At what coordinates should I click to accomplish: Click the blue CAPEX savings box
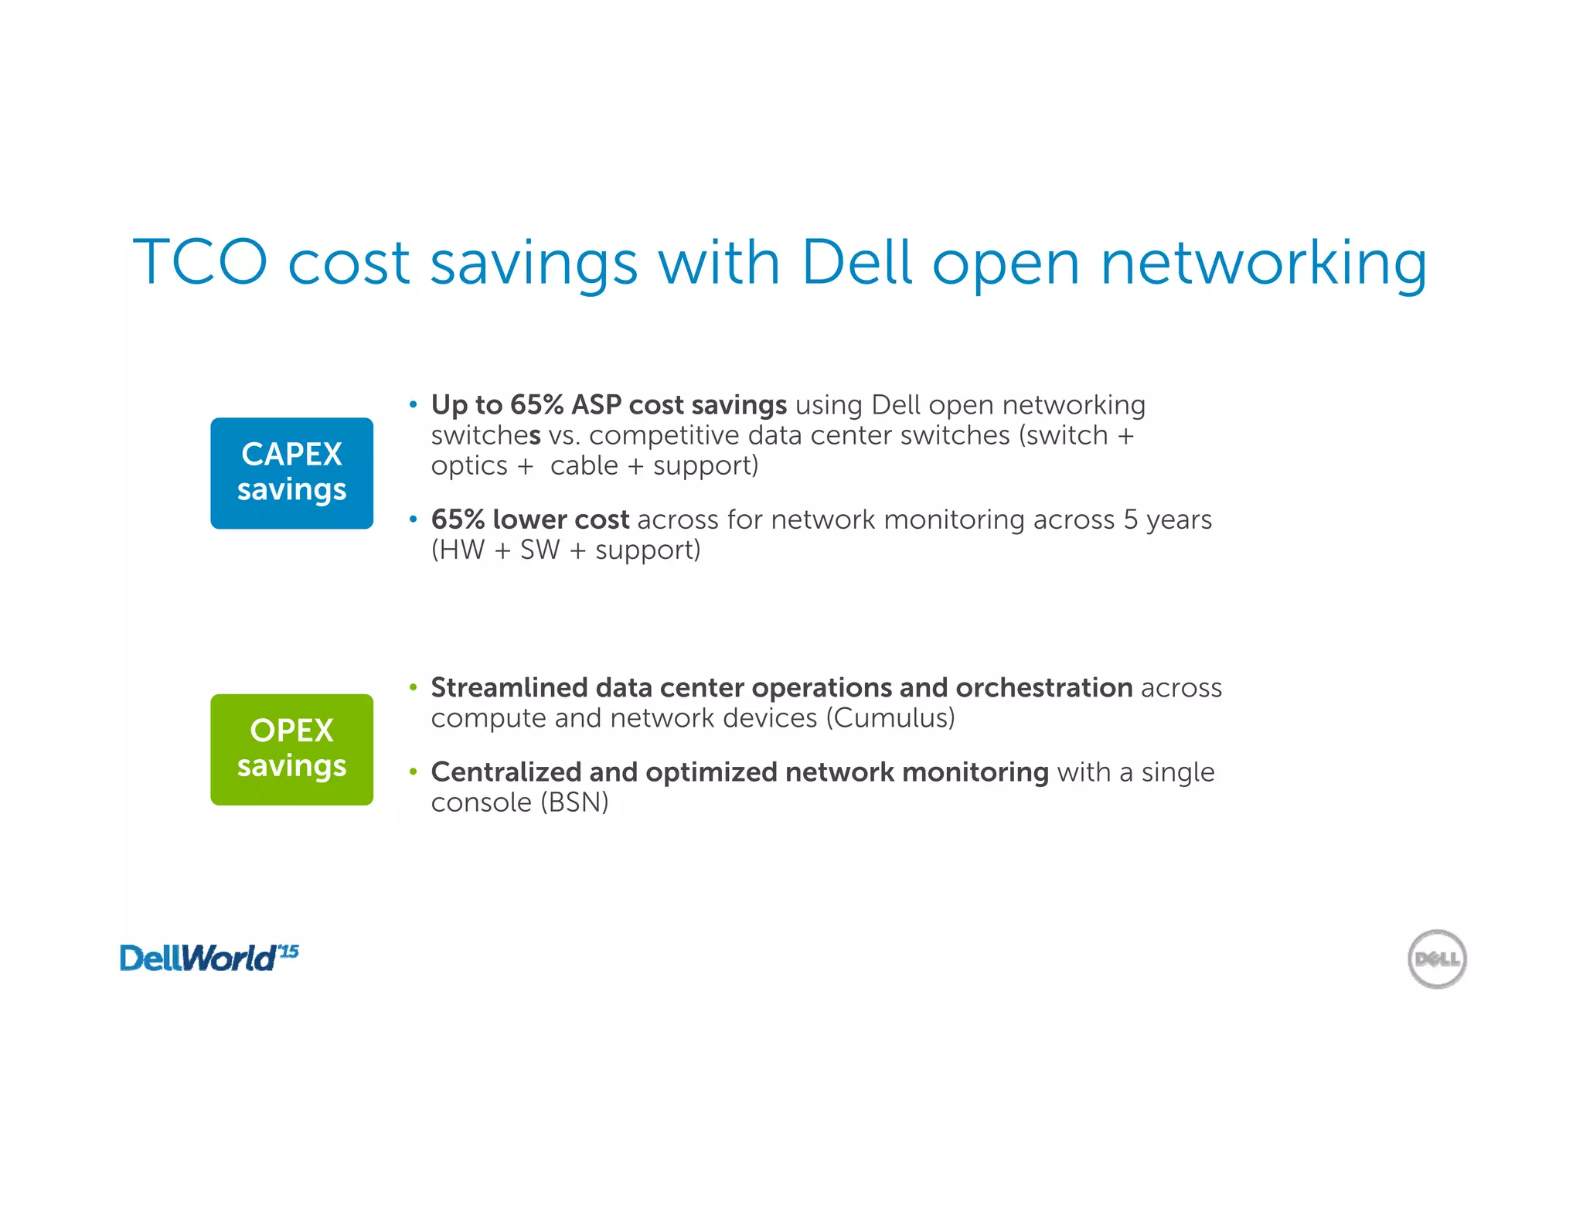coord(291,473)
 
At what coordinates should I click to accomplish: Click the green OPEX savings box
coord(291,749)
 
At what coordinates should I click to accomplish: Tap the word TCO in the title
coord(200,262)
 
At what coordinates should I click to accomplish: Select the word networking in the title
coord(1263,264)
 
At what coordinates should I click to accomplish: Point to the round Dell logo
coord(1436,959)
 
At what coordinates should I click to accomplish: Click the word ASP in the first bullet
coord(596,405)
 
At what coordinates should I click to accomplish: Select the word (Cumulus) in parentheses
coord(890,718)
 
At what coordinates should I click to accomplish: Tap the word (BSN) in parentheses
coord(574,802)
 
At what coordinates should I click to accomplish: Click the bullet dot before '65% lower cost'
coord(414,520)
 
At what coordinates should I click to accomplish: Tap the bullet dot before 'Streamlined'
coord(414,687)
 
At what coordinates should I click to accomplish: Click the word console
coord(481,802)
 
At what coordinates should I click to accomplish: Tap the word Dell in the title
coord(856,262)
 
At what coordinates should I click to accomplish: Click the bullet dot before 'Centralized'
coord(414,772)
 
